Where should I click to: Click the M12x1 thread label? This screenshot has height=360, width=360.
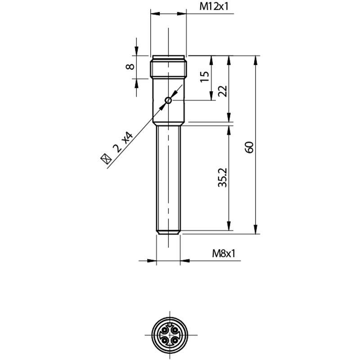pyautogui.click(x=214, y=7)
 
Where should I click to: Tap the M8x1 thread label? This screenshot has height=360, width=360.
pyautogui.click(x=224, y=254)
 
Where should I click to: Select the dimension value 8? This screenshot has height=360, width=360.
pyautogui.click(x=130, y=67)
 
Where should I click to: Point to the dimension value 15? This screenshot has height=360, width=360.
pyautogui.click(x=205, y=76)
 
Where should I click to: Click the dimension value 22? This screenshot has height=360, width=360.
pyautogui.click(x=222, y=91)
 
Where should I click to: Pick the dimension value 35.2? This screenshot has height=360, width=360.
pyautogui.click(x=222, y=178)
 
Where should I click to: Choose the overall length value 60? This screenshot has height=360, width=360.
pyautogui.click(x=249, y=147)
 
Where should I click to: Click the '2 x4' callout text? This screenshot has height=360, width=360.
pyautogui.click(x=123, y=142)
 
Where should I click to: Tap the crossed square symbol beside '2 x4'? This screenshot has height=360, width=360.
pyautogui.click(x=106, y=159)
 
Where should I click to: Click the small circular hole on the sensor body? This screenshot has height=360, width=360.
pyautogui.click(x=168, y=100)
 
